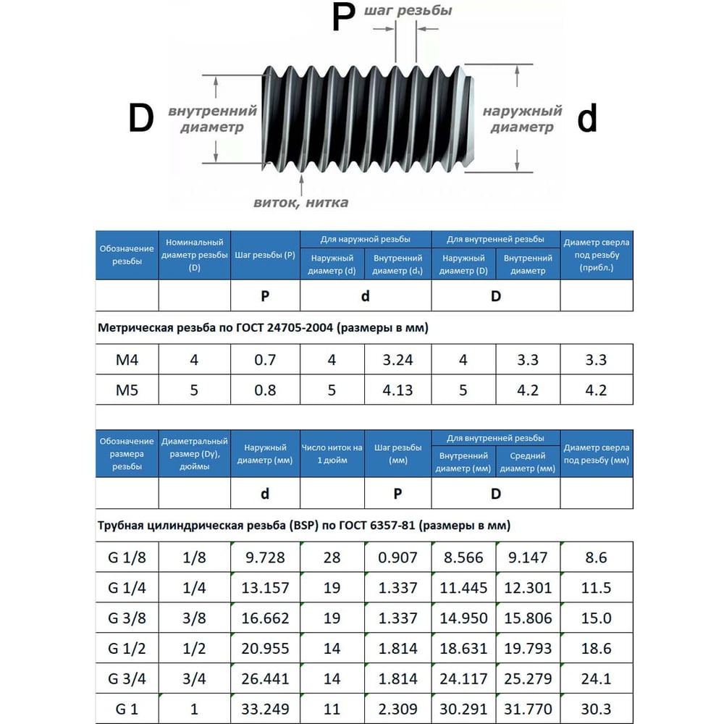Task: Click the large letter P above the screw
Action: coord(343,17)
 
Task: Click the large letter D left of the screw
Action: coord(141,118)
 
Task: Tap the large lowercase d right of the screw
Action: coord(587,118)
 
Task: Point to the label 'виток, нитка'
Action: coord(301,203)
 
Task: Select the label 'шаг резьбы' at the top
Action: coord(408,11)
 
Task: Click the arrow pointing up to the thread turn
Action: coord(301,185)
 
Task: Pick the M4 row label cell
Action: coord(127,359)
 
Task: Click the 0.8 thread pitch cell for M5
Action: coord(265,390)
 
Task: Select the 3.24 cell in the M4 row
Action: coord(397,359)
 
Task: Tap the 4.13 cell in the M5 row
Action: coord(397,390)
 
